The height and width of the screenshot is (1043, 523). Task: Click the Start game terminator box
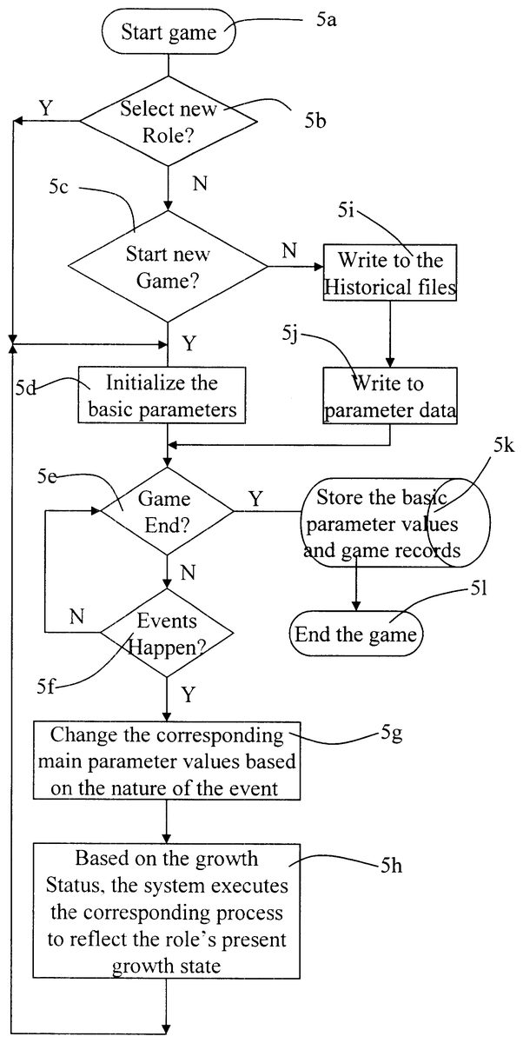[x=169, y=34]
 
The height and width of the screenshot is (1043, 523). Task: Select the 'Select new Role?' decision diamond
[x=169, y=122]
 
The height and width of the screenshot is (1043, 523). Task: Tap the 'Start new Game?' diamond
[x=169, y=267]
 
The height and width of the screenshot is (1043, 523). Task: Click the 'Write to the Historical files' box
[x=390, y=274]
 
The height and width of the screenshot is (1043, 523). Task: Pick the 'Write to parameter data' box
[x=390, y=395]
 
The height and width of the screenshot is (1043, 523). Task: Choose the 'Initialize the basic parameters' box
[x=162, y=395]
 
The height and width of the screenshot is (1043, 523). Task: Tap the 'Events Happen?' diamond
[x=167, y=633]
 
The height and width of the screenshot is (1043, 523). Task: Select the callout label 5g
[x=391, y=734]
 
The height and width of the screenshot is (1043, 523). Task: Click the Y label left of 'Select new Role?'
[x=45, y=107]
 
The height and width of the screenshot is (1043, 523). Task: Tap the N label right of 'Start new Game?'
[x=288, y=250]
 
